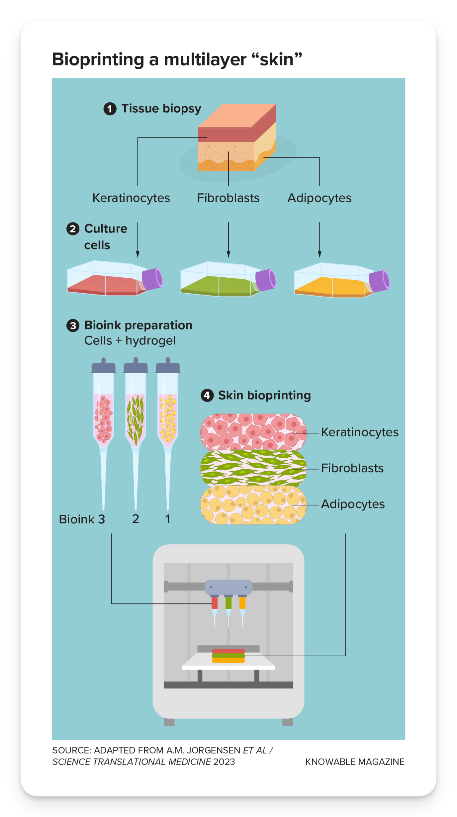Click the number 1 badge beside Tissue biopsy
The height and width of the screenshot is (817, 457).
[x=110, y=109]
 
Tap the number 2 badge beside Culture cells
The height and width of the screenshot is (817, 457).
[x=73, y=229]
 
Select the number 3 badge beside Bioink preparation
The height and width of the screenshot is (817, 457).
[x=73, y=325]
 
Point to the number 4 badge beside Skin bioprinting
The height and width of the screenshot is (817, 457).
[x=207, y=395]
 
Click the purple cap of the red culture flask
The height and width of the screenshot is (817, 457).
[x=152, y=278]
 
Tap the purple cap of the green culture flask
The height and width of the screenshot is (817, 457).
[x=266, y=279]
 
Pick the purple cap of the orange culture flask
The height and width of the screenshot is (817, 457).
[x=379, y=281]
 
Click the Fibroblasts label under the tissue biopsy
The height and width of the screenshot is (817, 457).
[x=228, y=198]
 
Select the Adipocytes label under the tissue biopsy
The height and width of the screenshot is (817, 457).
[x=320, y=198]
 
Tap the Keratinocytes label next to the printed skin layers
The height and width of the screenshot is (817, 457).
[x=360, y=432]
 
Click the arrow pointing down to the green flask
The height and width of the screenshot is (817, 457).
[x=228, y=240]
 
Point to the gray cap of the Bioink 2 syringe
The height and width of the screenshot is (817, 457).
[x=136, y=365]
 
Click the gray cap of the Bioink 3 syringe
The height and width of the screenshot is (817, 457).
[x=104, y=365]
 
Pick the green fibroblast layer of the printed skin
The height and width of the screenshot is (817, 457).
[x=253, y=468]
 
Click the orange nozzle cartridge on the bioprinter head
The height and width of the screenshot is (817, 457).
[x=242, y=602]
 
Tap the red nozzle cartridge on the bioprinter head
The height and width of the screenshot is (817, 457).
[x=215, y=602]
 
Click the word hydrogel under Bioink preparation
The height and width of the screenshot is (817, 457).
[x=150, y=341]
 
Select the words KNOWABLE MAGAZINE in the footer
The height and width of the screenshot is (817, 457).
[x=355, y=762]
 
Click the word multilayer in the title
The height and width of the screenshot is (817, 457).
[x=205, y=60]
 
